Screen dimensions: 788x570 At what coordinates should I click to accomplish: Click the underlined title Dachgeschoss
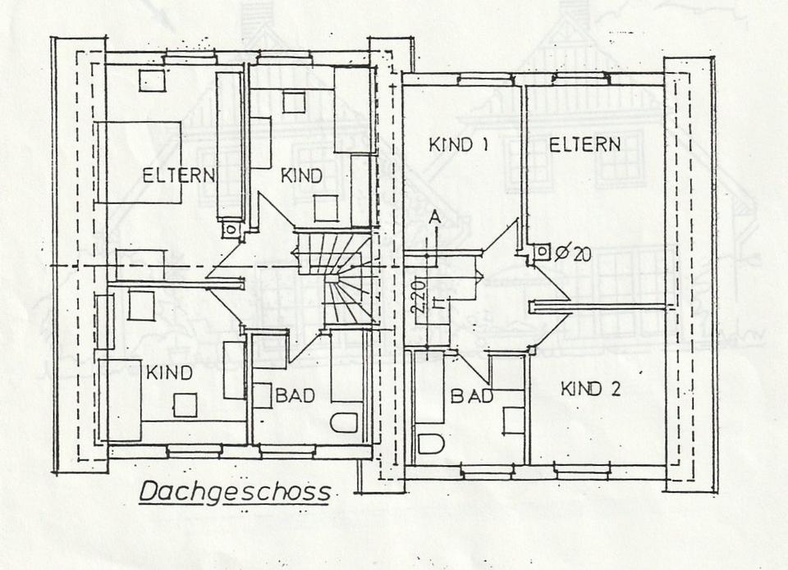tap(234, 492)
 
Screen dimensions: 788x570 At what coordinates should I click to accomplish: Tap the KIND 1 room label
tap(459, 146)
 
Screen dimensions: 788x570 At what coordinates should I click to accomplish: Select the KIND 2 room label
tap(590, 389)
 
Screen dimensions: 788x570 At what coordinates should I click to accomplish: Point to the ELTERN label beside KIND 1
tap(584, 146)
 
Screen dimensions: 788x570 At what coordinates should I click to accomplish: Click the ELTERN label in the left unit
tap(179, 175)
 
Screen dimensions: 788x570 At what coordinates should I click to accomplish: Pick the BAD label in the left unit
tap(295, 396)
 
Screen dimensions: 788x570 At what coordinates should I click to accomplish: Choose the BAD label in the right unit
tap(471, 396)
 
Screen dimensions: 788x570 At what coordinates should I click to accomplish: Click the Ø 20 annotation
tap(573, 254)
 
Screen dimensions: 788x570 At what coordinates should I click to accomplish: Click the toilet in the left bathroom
tap(346, 422)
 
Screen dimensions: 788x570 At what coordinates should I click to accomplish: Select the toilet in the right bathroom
tap(430, 444)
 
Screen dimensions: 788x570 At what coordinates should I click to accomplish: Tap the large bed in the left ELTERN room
tap(140, 162)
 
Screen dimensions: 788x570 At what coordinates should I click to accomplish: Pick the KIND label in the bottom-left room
tap(169, 373)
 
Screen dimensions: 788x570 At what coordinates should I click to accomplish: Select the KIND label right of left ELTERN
tap(301, 175)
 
